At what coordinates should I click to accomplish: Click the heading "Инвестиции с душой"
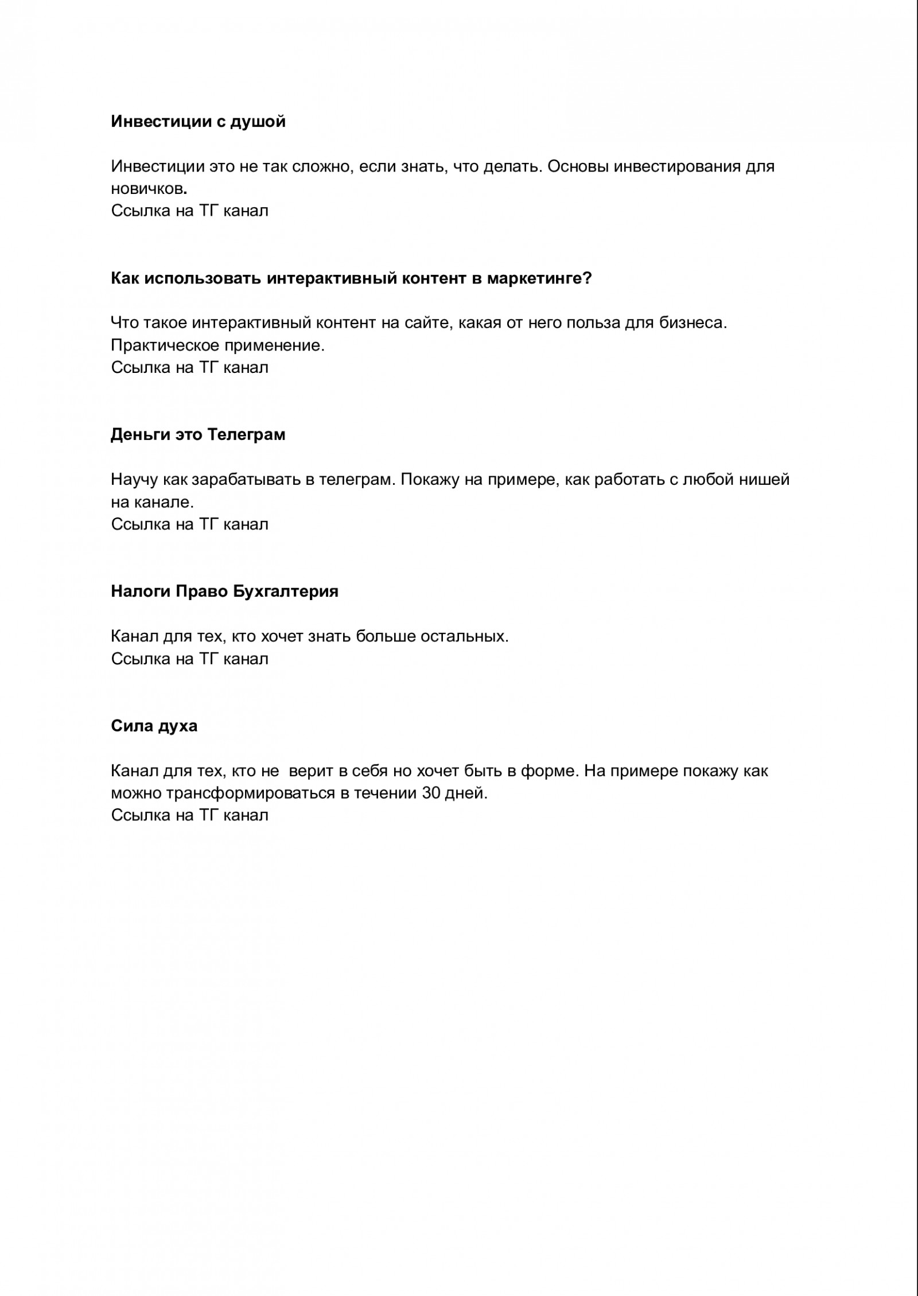(x=198, y=122)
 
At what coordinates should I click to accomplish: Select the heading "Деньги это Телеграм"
(x=198, y=435)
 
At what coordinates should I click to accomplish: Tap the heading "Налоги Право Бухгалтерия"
(x=224, y=591)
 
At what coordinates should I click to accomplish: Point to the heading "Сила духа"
(x=154, y=726)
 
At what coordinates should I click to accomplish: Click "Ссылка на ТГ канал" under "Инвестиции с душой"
(x=189, y=211)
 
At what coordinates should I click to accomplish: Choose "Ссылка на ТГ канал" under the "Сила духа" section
(x=189, y=815)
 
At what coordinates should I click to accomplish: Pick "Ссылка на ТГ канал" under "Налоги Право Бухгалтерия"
(x=189, y=659)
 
